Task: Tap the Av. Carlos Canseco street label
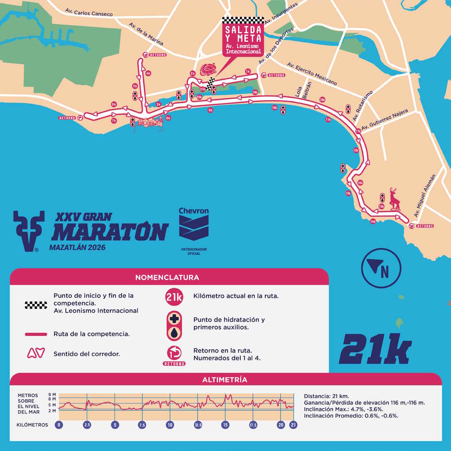coord(89,12)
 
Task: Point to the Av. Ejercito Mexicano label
coord(312,74)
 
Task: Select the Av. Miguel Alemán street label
coord(424,196)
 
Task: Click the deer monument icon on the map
coord(394,199)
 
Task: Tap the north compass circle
coord(381,268)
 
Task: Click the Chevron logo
coord(194,224)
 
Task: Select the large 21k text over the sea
coord(376,349)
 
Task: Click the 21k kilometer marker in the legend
coord(174,297)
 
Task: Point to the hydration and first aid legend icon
coord(174,326)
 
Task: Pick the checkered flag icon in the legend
coord(36,305)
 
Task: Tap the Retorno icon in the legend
coord(174,355)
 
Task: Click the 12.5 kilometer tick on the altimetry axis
coord(198,425)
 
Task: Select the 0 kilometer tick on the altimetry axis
coord(59,425)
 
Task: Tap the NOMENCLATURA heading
coord(167,277)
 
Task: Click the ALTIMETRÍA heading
coord(224,380)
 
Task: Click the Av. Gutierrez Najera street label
coord(384,121)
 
